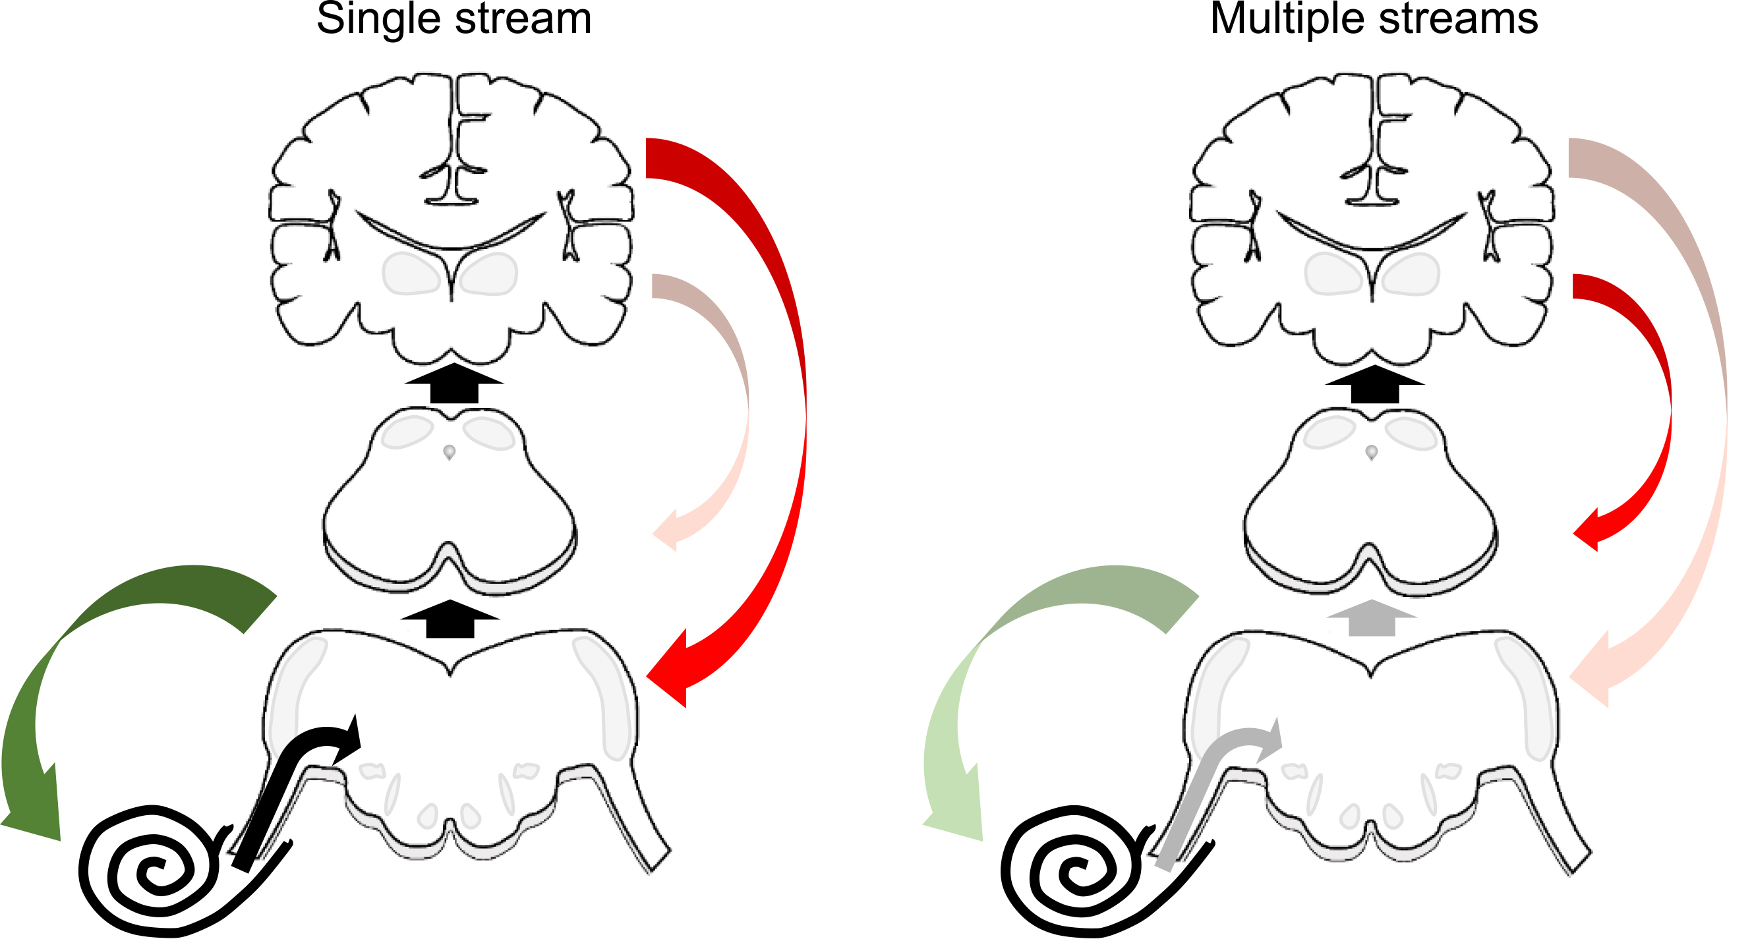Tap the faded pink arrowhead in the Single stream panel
pos(666,530)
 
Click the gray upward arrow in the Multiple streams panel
pos(1371,618)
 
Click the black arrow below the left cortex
pos(453,384)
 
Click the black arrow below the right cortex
pos(1374,385)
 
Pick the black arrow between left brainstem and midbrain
pos(450,619)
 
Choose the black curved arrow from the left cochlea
pos(293,782)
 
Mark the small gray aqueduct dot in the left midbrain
pos(449,451)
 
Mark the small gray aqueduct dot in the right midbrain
pos(1371,451)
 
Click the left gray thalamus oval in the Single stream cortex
pos(411,274)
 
